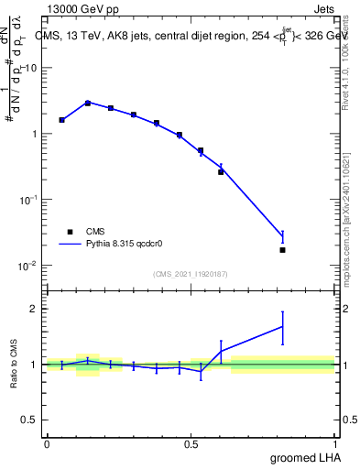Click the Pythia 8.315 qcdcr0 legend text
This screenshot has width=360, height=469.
[130, 245]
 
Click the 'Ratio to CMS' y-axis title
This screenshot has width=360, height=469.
[14, 365]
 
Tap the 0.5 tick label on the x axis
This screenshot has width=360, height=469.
[191, 443]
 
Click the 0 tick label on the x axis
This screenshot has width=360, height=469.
[46, 443]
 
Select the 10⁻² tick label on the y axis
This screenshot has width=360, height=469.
[27, 266]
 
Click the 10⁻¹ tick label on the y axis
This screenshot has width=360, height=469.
[27, 200]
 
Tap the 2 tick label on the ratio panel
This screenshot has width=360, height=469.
[35, 309]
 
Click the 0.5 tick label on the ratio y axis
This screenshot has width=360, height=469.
[30, 420]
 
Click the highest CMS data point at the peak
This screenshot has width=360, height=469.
[88, 104]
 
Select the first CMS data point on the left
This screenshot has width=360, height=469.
[61, 120]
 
